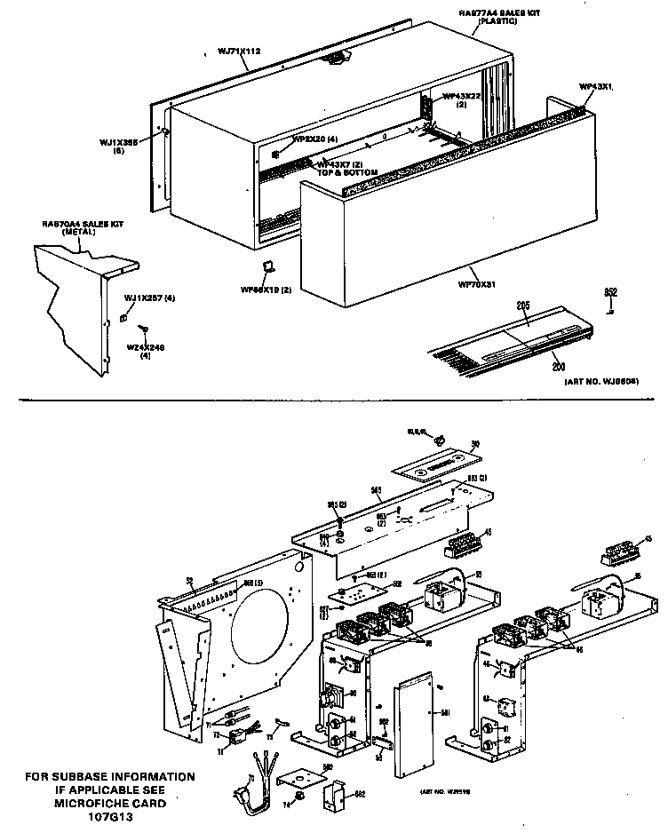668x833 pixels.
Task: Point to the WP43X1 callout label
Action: point(596,87)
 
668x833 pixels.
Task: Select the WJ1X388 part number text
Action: point(117,141)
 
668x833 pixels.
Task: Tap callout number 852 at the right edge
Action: point(610,293)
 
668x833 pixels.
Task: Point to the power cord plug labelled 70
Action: point(242,793)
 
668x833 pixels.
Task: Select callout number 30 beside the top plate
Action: point(474,444)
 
